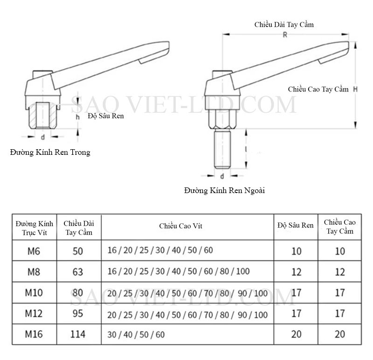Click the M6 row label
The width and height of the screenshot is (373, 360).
pos(34,251)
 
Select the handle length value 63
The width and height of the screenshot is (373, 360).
pos(78,272)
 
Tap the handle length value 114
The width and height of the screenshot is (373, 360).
pos(78,334)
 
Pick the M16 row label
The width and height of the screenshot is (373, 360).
pos(34,334)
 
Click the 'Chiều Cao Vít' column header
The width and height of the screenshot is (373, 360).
pos(181,226)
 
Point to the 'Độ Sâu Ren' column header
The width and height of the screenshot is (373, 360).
pos(296,225)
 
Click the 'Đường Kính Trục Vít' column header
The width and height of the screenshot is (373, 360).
pos(35,228)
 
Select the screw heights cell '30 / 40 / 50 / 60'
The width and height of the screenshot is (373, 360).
pos(136,334)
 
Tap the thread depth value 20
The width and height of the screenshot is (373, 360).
pos(297,334)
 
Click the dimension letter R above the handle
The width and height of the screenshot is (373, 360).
pos(285,35)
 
